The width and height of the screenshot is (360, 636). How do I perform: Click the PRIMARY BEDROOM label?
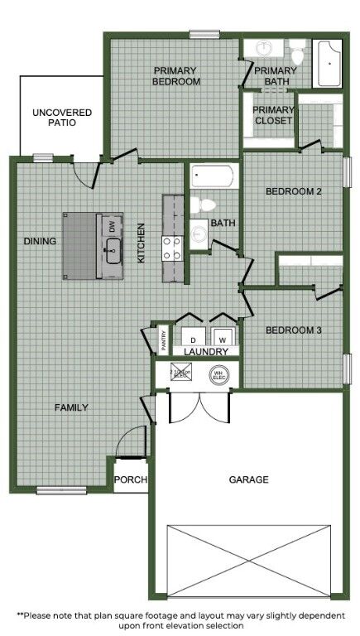point(177,75)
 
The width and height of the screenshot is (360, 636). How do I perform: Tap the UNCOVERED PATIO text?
point(62,117)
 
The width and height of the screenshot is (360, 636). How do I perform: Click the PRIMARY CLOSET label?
point(273,115)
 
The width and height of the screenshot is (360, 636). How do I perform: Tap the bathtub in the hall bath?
point(213,176)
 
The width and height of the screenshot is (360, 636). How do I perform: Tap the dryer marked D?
point(193,338)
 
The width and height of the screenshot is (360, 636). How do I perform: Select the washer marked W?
point(222,338)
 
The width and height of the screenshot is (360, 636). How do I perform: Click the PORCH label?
point(130,479)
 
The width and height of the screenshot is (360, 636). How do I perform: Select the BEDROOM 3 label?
point(293,330)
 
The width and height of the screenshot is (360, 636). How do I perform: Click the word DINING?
point(40,242)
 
